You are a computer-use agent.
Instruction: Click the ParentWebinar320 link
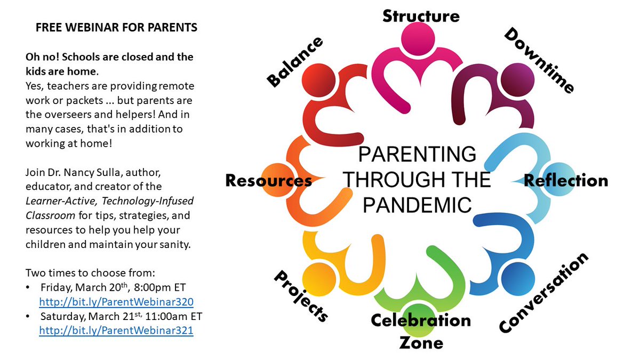(x=116, y=301)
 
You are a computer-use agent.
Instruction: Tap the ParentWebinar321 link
(x=116, y=331)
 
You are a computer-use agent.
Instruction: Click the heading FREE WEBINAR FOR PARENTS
(x=116, y=28)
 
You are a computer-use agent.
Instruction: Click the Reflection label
(x=566, y=180)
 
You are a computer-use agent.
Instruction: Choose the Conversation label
(x=544, y=293)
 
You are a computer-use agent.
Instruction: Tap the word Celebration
(x=421, y=320)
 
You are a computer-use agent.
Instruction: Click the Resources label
(x=268, y=180)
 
